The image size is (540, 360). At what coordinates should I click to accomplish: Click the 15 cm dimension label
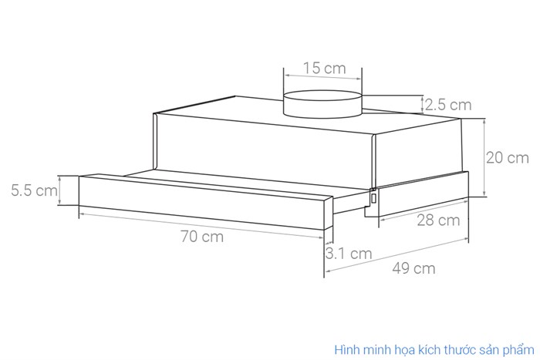tap(324, 68)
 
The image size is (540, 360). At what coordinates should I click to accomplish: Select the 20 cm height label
tap(507, 158)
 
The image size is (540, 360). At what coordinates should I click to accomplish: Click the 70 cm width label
tap(202, 236)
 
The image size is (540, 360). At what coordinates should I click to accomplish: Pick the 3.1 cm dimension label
tap(349, 253)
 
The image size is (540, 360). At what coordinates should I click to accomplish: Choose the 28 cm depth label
tap(437, 221)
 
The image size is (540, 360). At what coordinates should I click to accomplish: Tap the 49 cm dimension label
tap(413, 268)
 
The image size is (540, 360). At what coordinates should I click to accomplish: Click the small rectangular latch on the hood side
tap(374, 197)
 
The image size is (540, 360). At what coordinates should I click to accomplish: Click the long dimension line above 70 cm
tap(202, 223)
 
